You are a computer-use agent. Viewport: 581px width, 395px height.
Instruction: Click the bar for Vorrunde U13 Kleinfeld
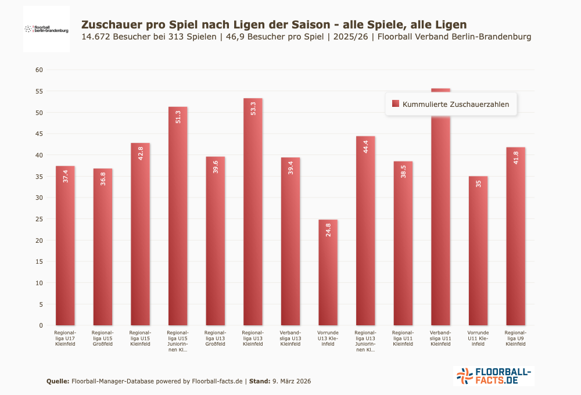tap(328, 273)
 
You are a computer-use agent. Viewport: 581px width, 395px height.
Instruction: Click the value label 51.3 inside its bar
tap(178, 117)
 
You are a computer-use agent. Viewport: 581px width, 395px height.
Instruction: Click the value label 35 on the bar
tap(478, 184)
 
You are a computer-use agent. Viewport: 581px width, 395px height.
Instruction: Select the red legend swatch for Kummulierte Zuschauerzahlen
tap(396, 104)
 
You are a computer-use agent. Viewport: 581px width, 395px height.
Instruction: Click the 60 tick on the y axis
tap(40, 70)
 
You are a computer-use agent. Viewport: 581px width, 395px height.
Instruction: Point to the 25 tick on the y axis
tap(40, 219)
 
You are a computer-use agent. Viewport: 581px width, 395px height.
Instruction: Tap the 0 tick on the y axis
tap(41, 325)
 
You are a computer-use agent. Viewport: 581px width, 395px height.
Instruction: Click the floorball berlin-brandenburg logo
tap(46, 28)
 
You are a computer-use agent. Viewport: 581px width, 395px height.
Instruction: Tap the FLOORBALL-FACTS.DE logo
tap(493, 376)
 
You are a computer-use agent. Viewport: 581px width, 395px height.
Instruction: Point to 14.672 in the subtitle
tap(96, 37)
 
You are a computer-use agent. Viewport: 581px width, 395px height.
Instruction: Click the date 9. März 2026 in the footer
tap(291, 381)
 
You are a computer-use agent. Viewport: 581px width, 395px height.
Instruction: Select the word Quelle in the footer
tap(58, 381)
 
